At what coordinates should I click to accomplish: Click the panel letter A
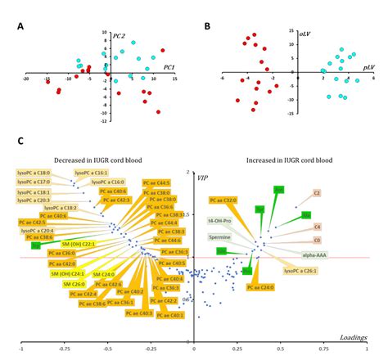click(20, 26)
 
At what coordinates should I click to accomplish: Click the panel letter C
click(20, 142)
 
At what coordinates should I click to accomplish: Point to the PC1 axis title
click(169, 66)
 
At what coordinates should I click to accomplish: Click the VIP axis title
click(202, 176)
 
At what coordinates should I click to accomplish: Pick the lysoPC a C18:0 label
click(34, 173)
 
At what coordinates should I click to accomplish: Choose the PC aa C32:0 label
click(223, 200)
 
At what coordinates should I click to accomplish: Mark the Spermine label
click(219, 237)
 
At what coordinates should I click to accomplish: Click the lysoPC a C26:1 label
click(300, 270)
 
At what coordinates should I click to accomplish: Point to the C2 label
click(317, 193)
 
